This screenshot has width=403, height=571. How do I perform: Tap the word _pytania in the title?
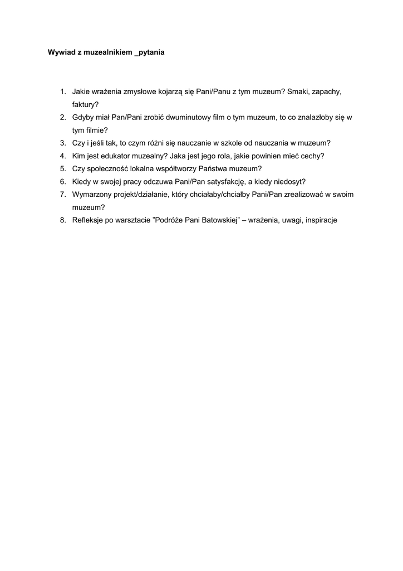pyautogui.click(x=150, y=53)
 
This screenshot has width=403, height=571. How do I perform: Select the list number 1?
pyautogui.click(x=63, y=91)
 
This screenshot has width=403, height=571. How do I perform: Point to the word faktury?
pyautogui.click(x=85, y=104)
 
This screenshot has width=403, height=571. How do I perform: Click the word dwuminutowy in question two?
pyautogui.click(x=183, y=117)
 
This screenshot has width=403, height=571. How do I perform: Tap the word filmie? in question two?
pyautogui.click(x=95, y=130)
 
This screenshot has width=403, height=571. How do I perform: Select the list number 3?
pyautogui.click(x=63, y=143)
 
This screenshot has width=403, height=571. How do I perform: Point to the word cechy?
pyautogui.click(x=312, y=156)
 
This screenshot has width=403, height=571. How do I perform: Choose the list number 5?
pyautogui.click(x=63, y=168)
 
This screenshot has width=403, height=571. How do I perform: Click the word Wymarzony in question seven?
pyautogui.click(x=92, y=194)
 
